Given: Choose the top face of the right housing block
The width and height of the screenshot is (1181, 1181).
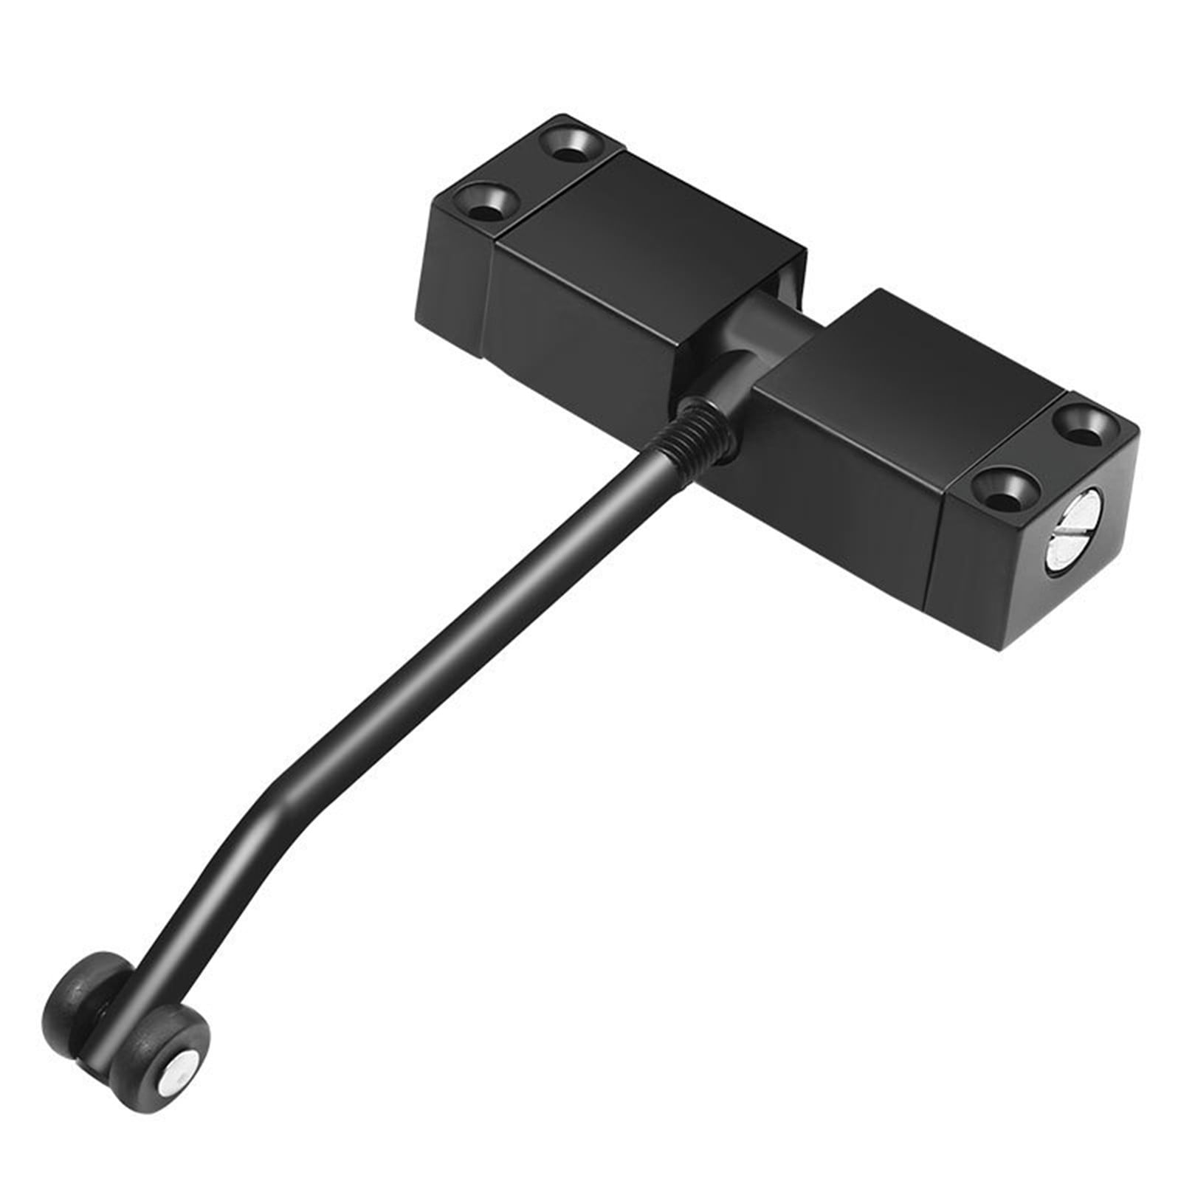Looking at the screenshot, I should tap(908, 369).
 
